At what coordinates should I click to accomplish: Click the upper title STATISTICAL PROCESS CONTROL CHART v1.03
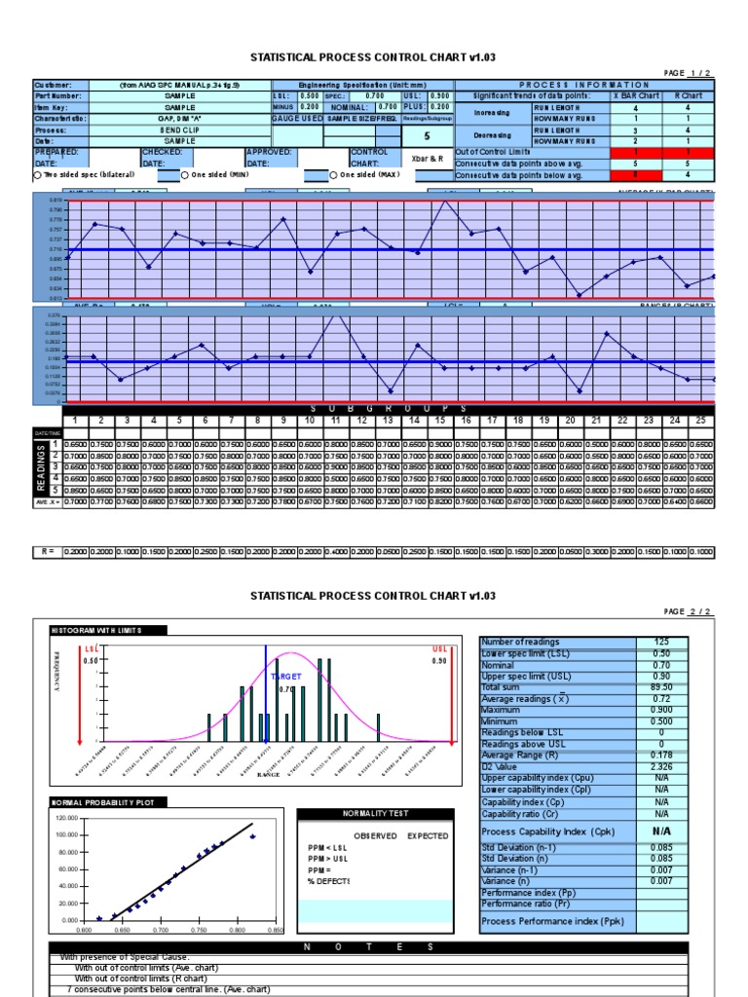tap(373, 57)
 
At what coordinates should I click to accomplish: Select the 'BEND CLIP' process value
tap(179, 129)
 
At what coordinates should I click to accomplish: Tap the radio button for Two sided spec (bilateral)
tap(37, 175)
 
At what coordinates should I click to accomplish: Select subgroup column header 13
tap(389, 420)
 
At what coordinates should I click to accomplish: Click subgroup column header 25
tap(700, 420)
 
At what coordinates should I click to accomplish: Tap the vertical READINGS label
tap(42, 468)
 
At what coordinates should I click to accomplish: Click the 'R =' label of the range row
tap(48, 552)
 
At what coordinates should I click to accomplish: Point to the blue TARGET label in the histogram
tap(286, 675)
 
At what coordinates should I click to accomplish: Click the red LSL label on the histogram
tap(93, 647)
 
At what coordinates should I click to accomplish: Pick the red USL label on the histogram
tap(439, 647)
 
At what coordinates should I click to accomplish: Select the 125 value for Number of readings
tap(662, 641)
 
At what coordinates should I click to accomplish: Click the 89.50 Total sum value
tap(662, 686)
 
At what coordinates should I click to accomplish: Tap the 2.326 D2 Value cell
tap(662, 767)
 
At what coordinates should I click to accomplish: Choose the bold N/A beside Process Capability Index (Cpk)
tap(662, 831)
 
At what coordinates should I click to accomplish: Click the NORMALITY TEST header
tap(374, 813)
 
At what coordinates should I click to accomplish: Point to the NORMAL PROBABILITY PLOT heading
tap(95, 802)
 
